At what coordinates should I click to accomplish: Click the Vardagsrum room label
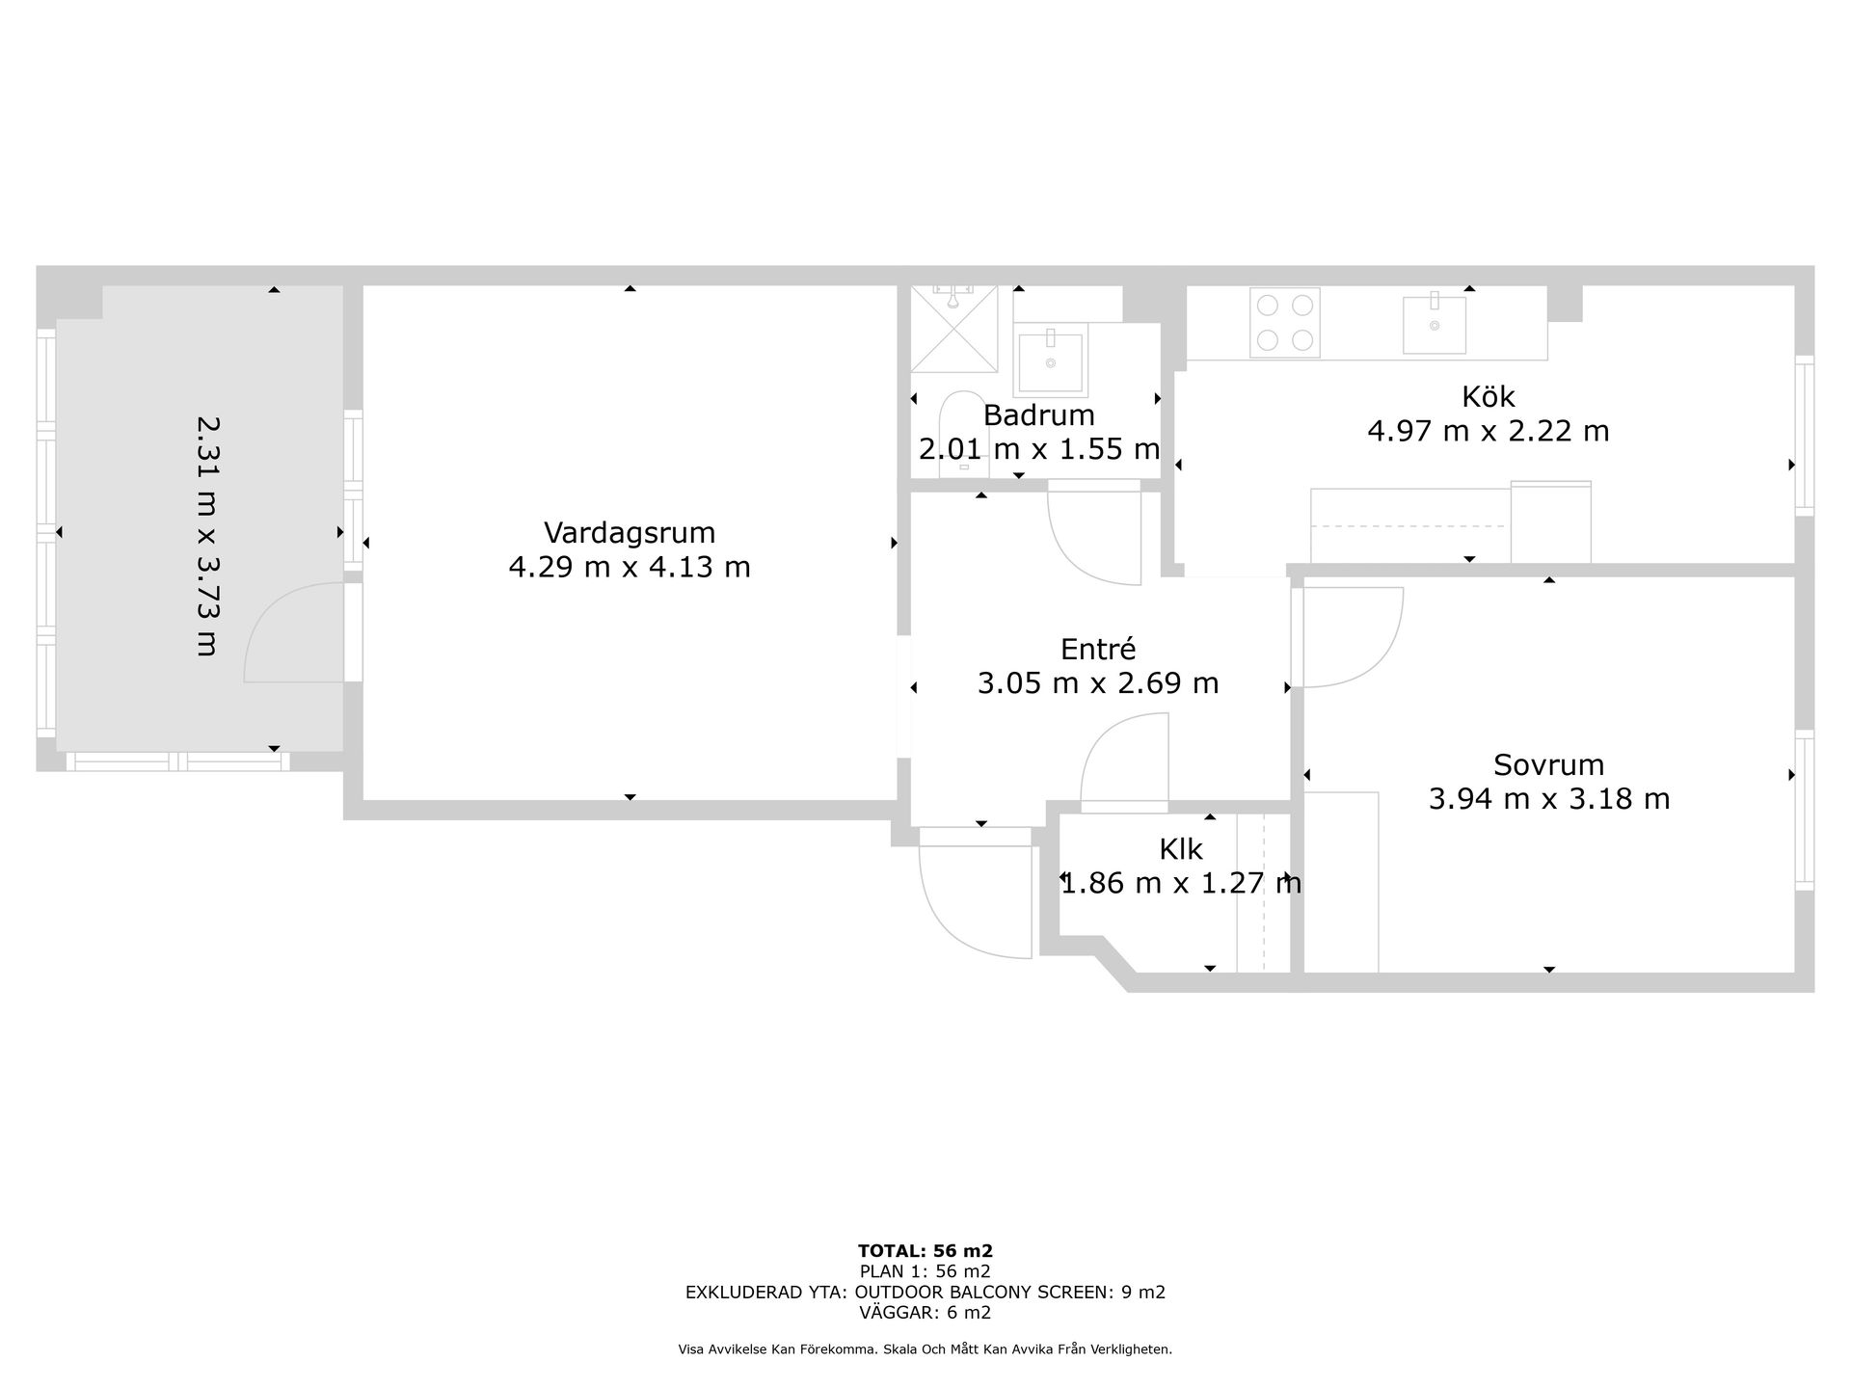630,533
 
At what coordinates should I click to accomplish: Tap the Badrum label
1038,415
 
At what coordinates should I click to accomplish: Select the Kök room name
1488,396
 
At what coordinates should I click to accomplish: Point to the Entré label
1097,649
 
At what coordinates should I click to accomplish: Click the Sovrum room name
1548,765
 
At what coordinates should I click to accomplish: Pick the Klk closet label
1181,849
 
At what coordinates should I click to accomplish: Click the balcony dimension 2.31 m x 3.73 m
207,536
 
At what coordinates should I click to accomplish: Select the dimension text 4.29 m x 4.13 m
630,567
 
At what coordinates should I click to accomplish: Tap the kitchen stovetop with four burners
1285,323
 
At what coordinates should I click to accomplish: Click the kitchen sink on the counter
1435,325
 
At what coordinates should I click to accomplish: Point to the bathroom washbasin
1050,360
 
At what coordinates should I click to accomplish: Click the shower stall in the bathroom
954,329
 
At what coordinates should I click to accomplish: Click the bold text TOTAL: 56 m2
925,1251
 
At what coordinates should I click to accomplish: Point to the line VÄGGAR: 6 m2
925,1313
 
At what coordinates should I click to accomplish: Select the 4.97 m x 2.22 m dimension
1488,431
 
